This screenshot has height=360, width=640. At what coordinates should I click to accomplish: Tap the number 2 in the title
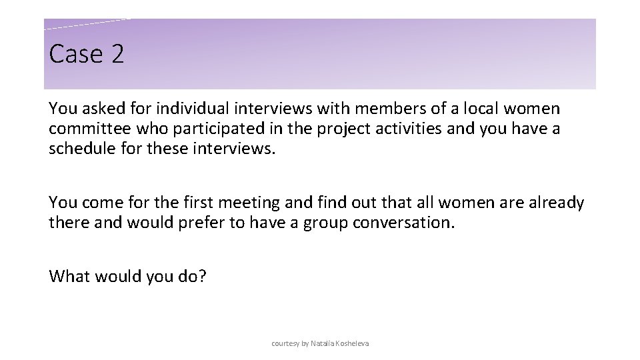[x=117, y=55]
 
